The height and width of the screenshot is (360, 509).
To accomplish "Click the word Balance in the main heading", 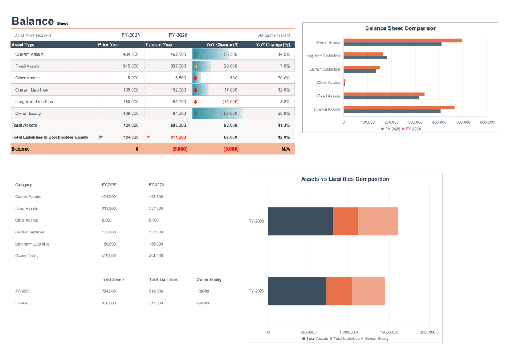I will coord(32,21).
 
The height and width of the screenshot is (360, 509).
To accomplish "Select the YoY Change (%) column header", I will coord(272,44).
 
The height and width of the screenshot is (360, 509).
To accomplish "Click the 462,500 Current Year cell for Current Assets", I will coord(178,54).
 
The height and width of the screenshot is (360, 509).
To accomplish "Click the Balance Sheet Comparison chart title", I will coord(400,28).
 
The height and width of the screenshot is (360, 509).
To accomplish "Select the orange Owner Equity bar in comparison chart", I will coord(402,41).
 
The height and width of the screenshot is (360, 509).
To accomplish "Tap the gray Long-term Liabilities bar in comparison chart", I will coord(365,57).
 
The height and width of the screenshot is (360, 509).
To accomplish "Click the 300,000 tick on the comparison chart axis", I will coord(415,122).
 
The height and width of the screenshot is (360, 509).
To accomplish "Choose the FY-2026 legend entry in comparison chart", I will coord(413,128).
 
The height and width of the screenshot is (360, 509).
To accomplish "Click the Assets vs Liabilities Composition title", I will coord(345,179).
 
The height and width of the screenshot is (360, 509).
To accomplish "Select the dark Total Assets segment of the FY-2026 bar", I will coord(300,221).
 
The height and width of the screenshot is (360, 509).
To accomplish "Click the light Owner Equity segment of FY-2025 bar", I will coord(368,291).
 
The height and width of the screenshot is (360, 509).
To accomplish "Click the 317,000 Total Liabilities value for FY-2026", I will coord(156,303).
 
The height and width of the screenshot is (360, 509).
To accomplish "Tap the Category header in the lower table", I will coord(23,184).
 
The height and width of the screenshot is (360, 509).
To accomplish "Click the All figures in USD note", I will coord(273,35).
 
